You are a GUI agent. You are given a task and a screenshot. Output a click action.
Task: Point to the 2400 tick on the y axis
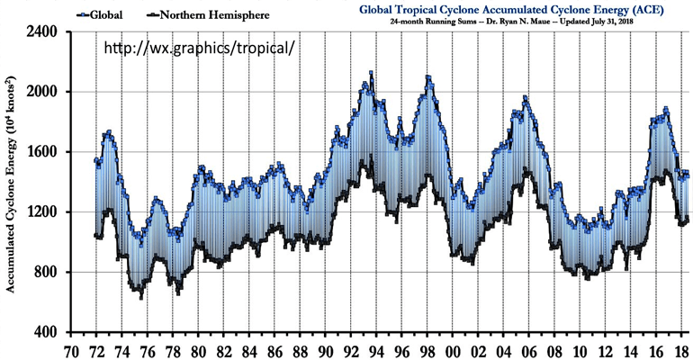point(42,31)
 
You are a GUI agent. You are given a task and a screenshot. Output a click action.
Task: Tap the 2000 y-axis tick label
point(42,92)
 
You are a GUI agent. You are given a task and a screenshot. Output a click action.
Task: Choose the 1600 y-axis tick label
point(42,152)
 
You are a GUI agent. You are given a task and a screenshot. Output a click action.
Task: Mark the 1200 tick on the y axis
point(42,212)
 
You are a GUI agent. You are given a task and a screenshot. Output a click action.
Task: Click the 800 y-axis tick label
point(46,273)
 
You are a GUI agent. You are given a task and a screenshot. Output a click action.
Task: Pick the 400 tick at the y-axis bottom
point(46,333)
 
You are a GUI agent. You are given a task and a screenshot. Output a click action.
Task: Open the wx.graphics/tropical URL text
point(197,46)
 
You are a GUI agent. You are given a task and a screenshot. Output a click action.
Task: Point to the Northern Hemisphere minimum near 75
point(140,296)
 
